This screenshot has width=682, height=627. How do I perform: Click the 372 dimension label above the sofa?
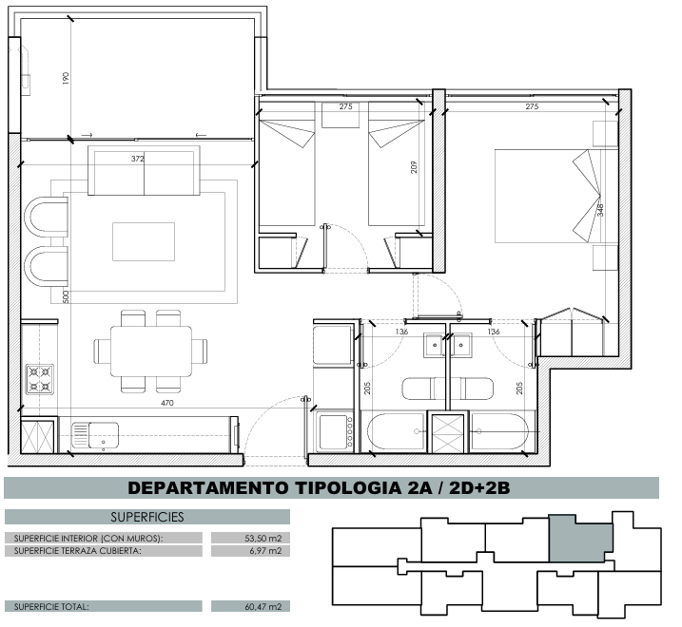tap(137, 159)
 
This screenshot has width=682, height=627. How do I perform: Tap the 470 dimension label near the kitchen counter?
tap(167, 403)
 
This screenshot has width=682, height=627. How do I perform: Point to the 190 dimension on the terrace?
tap(67, 78)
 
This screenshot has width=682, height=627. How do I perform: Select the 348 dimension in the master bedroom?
tap(600, 210)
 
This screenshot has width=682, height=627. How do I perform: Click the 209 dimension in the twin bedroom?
tap(414, 167)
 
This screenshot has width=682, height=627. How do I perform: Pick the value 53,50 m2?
tap(263, 539)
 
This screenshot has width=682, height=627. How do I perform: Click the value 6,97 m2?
tap(266, 551)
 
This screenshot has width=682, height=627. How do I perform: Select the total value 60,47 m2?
tap(263, 607)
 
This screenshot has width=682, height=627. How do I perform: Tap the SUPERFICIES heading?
tap(147, 517)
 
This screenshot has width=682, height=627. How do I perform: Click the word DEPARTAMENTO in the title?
tap(208, 488)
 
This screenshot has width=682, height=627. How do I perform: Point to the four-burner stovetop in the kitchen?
tap(40, 379)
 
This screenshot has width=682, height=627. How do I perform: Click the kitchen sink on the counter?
tap(95, 435)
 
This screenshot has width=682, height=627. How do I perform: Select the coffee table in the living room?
tap(144, 241)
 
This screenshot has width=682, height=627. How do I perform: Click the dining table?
tap(151, 351)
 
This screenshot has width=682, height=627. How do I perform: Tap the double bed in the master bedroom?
tap(548, 196)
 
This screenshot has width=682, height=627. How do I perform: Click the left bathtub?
tap(396, 431)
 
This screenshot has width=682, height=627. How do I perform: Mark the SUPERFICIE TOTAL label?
tap(51, 607)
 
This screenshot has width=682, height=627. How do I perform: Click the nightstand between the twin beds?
tap(341, 115)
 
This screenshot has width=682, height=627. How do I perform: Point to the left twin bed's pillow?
tap(287, 133)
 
